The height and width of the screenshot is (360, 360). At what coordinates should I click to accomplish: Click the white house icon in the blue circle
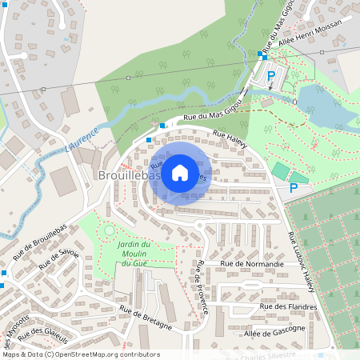pos(180,172)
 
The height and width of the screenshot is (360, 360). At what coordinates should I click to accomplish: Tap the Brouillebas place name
pos(128,174)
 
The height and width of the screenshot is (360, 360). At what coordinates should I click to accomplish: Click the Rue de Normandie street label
pos(252,263)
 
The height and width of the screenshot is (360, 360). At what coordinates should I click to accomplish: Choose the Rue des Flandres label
pos(289,306)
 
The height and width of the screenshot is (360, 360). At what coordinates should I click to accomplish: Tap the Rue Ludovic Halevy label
pos(300,262)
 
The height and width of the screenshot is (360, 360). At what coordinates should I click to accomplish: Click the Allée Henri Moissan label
pos(311,34)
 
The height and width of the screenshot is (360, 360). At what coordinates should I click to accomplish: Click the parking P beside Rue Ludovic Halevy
pos(294,188)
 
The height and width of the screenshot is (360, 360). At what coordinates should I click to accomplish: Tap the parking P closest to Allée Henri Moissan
pos(271,77)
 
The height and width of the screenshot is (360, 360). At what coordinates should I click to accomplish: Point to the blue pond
pos(328,108)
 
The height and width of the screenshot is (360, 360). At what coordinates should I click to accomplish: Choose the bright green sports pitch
pos(280,170)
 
